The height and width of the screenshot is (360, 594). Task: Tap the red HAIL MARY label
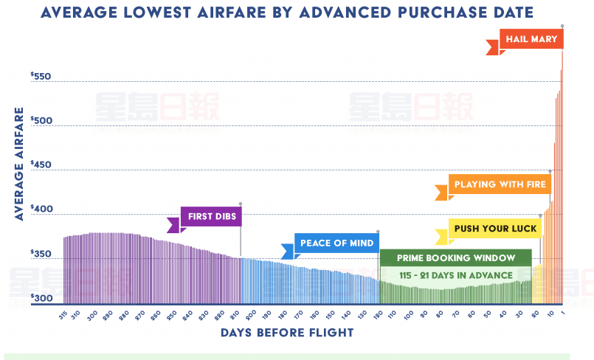click(x=531, y=38)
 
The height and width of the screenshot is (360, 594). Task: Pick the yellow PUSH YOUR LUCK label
click(x=495, y=229)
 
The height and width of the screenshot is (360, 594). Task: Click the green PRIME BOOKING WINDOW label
click(x=455, y=259)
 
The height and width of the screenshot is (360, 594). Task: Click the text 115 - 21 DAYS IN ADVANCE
click(x=455, y=275)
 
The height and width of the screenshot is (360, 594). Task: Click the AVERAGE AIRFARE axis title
click(x=18, y=163)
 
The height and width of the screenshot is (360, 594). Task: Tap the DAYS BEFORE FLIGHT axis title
click(x=287, y=333)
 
